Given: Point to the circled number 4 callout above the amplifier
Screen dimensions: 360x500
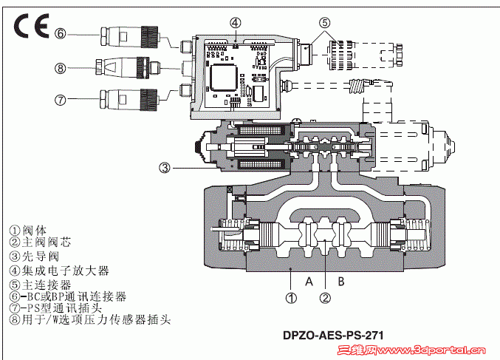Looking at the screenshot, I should coord(234,22).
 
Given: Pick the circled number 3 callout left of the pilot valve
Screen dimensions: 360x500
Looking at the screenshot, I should coord(165,168).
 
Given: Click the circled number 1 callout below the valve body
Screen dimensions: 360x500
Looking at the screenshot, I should coord(292,299).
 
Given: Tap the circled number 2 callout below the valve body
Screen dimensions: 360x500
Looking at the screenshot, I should coord(325,299).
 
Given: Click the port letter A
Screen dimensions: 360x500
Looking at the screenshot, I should coord(310,280).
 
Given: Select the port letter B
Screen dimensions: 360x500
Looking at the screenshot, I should coord(341,280).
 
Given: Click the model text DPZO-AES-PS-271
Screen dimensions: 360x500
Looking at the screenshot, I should coord(333,333).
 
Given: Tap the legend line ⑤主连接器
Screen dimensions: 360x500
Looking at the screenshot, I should coord(40,283).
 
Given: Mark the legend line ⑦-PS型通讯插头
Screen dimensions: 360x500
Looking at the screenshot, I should coord(59,308).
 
